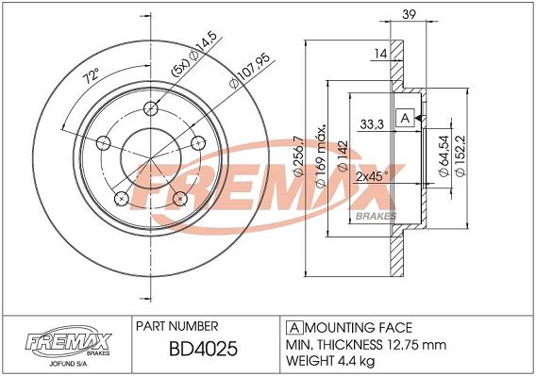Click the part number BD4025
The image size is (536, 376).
pos(203,349)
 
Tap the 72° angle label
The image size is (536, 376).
pos(92,75)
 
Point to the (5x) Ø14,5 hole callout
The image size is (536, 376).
pos(194,54)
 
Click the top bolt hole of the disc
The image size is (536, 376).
pos(151,109)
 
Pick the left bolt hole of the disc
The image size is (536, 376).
pos(104,142)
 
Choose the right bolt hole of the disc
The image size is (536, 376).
pos(198,142)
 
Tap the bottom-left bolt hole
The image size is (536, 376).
pos(122,199)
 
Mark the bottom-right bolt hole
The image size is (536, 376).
pos(180,199)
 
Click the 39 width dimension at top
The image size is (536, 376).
pos(409,14)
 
